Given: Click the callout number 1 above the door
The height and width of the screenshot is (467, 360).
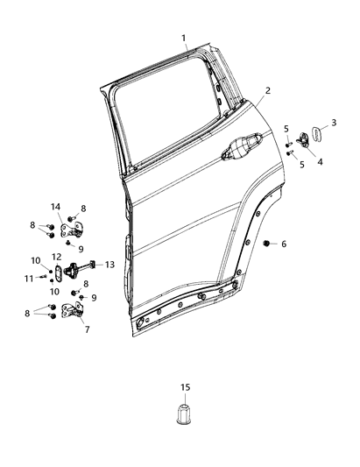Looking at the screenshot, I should point(184,39).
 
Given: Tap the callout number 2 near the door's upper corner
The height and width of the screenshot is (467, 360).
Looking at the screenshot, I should point(268,90).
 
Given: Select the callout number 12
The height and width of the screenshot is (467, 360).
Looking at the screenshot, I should point(55,257).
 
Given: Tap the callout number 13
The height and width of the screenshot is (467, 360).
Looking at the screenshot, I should point(110,265).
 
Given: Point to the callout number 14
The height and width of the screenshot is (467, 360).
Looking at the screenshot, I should point(55,207).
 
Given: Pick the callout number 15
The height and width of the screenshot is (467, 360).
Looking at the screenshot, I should point(184,386).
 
